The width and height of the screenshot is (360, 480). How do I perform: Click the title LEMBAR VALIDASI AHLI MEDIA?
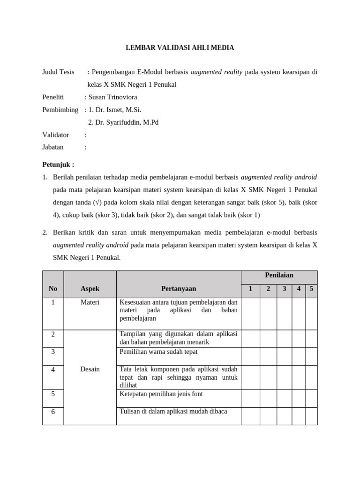tap(180, 48)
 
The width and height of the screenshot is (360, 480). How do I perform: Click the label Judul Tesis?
tap(58, 72)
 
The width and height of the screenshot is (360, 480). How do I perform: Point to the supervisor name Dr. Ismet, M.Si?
tap(118, 110)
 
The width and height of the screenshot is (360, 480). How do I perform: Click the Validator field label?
tap(55, 135)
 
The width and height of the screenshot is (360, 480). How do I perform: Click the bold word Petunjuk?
tap(58, 165)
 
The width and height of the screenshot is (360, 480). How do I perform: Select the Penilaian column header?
tap(279, 276)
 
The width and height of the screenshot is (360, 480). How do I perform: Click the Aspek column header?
tap(90, 289)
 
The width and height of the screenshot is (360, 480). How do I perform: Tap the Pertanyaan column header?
tap(179, 289)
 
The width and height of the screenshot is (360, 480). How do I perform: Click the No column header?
tap(53, 289)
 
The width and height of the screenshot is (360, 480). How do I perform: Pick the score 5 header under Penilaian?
tap(311, 289)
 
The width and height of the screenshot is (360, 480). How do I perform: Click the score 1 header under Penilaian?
tap(250, 289)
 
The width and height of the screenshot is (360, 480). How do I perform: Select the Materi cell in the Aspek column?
tap(90, 302)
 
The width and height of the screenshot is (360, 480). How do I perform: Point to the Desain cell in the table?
tap(90, 369)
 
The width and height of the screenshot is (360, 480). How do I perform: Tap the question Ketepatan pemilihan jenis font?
tap(161, 394)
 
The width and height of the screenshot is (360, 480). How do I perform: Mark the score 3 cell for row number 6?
tap(284, 416)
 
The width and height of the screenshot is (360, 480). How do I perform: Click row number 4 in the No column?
tap(53, 370)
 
